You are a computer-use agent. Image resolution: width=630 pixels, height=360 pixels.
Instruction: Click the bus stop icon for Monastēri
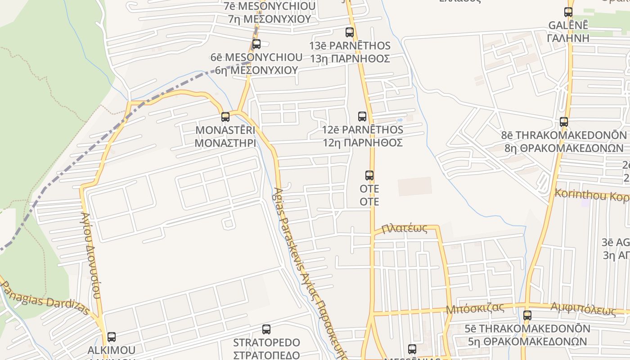click(225, 117)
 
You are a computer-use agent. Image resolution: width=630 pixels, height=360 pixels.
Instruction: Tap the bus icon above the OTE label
click(369, 175)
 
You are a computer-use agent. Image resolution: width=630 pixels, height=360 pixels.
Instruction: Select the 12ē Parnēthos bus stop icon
click(362, 117)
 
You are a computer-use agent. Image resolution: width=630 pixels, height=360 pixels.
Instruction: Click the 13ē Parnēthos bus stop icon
click(350, 32)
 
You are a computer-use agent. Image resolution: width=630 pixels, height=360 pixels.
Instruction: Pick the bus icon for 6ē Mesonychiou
click(256, 44)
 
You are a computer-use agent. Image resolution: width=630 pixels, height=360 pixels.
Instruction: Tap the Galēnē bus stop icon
click(568, 12)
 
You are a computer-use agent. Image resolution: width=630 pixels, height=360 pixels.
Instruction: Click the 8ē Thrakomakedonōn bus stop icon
click(564, 122)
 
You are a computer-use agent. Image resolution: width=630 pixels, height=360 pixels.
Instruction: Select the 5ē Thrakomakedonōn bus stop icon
click(527, 315)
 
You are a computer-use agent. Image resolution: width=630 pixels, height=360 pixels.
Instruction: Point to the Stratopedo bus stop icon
click(266, 329)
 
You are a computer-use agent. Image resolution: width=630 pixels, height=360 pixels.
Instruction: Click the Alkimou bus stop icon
click(112, 337)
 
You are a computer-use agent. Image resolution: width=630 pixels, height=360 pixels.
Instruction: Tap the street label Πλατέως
click(404, 229)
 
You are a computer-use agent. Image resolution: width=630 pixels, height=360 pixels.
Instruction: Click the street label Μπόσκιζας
click(475, 309)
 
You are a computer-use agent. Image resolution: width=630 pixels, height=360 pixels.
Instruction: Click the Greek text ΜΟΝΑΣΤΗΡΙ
click(225, 143)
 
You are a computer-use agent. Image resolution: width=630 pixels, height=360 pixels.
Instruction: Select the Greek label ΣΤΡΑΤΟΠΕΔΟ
click(266, 354)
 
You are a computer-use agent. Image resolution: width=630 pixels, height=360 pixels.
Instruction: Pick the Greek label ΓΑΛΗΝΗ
click(568, 38)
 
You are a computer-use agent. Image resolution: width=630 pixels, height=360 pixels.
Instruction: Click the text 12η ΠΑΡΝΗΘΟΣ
click(362, 143)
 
